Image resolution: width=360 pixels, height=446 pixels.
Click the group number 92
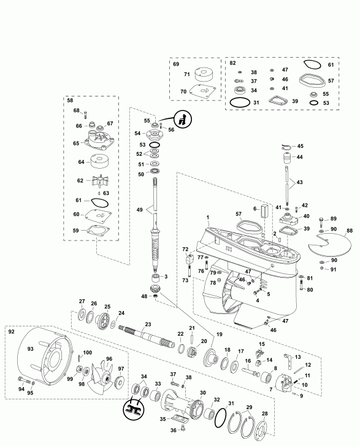[x=11, y=331]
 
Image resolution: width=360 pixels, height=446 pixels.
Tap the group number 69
[x=175, y=64]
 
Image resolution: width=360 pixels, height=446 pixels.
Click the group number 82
[x=232, y=64]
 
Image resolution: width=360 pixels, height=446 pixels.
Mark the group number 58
[x=70, y=100]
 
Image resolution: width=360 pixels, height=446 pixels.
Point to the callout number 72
[x=184, y=249]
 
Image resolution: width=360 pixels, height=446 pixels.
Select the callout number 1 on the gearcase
[x=208, y=218]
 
